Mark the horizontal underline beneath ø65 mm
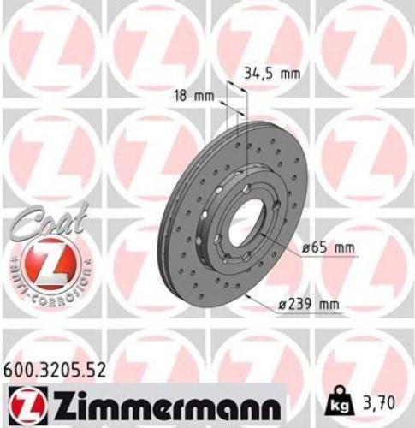coord(333,256)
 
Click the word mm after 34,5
coord(290,74)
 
